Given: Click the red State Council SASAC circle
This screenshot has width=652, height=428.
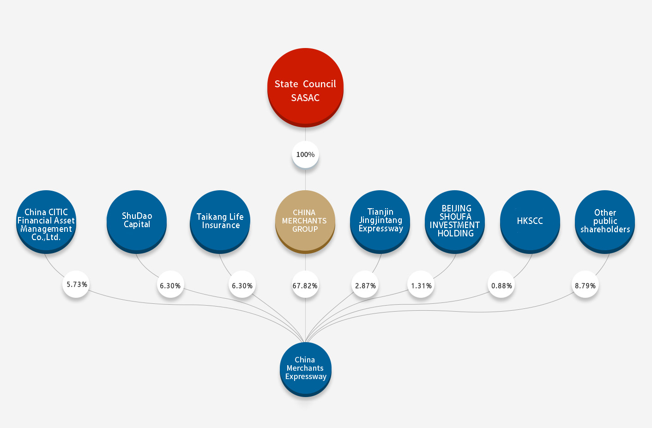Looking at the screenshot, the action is coord(305,87).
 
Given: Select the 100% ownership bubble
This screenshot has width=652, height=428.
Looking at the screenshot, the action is coord(305,155).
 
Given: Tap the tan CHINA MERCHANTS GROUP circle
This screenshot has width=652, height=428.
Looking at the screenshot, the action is coord(305,222).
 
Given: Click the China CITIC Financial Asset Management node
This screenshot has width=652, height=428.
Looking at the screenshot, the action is coord(46,222).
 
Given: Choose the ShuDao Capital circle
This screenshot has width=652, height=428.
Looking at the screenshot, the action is coord(137,222).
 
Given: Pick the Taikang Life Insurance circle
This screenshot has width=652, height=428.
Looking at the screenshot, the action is coord(220,222).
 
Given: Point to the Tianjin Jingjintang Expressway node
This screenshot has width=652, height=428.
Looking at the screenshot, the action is coord(380,222).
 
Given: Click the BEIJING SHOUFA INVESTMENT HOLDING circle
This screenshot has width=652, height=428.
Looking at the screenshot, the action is coord(455,222).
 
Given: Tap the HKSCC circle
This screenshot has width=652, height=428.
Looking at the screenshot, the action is coord(530,222).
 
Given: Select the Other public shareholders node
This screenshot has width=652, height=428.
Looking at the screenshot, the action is coord(605,222).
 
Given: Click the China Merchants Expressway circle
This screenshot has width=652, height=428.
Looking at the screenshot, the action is coord(306,369).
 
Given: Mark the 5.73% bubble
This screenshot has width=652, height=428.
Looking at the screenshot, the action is coord(76,284).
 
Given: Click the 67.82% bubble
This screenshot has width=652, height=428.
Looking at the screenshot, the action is coord(305,285).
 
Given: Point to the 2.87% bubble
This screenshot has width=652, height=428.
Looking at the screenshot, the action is coord(365,285).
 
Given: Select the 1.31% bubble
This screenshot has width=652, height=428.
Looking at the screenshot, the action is coord(421,285).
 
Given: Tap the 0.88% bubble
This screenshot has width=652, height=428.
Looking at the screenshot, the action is coord(501,285).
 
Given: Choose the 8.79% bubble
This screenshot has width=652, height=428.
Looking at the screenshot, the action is coord(585,285).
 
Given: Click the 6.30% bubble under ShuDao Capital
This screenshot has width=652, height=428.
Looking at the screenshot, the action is coord(170,285).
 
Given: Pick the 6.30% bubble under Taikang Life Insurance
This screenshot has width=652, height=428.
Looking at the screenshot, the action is coord(242,285).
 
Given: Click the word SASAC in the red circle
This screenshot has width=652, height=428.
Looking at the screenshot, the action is coord(305,98).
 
